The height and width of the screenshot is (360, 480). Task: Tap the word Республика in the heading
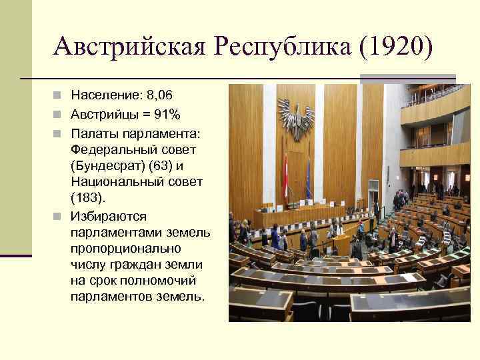click(275, 46)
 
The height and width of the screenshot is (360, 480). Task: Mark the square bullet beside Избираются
click(59, 216)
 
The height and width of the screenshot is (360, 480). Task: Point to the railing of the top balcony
click(433, 97)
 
